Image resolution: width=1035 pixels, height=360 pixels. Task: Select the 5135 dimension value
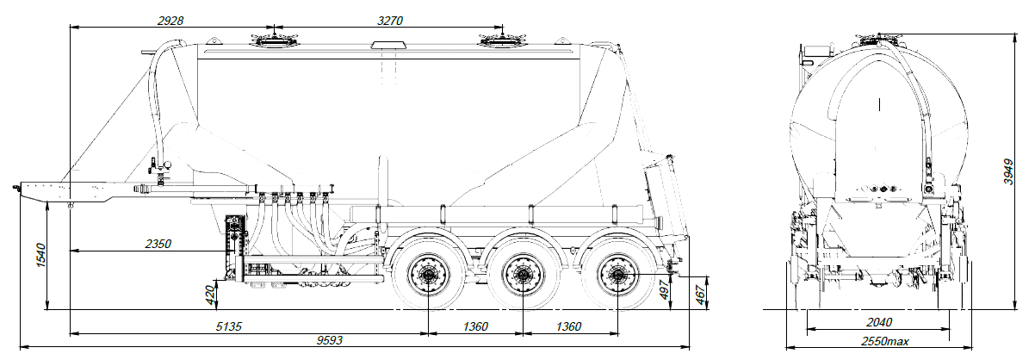pyautogui.click(x=232, y=326)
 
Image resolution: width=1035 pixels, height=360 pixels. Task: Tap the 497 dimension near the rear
pyautogui.click(x=664, y=291)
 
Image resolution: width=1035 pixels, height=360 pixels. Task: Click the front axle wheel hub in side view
pyautogui.click(x=427, y=276)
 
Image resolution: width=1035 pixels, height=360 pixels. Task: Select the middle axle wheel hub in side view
pyautogui.click(x=521, y=276)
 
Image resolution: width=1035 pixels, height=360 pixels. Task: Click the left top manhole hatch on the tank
pyautogui.click(x=270, y=40)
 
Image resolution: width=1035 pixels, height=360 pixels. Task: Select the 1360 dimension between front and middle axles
pyautogui.click(x=474, y=326)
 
